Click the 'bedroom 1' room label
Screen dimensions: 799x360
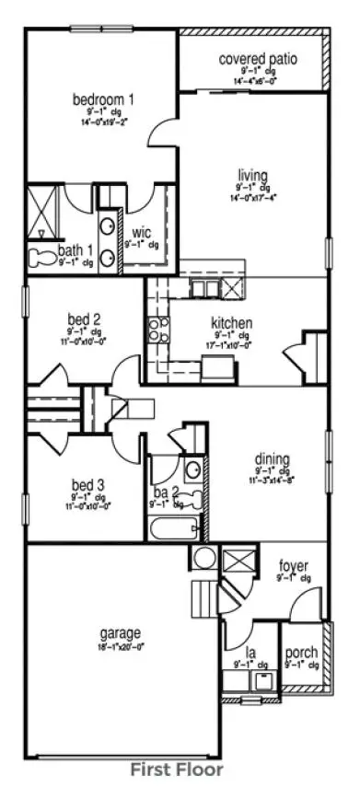[104, 98]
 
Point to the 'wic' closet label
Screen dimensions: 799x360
[142, 232]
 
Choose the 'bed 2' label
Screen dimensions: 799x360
[84, 319]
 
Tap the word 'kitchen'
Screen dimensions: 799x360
[232, 324]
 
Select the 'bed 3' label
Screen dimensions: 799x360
[88, 485]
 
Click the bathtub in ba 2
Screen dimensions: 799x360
[174, 529]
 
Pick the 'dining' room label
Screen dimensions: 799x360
[273, 459]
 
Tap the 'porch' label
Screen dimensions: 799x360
[301, 652]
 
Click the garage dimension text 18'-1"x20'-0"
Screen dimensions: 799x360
[121, 646]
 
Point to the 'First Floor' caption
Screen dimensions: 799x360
[176, 768]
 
